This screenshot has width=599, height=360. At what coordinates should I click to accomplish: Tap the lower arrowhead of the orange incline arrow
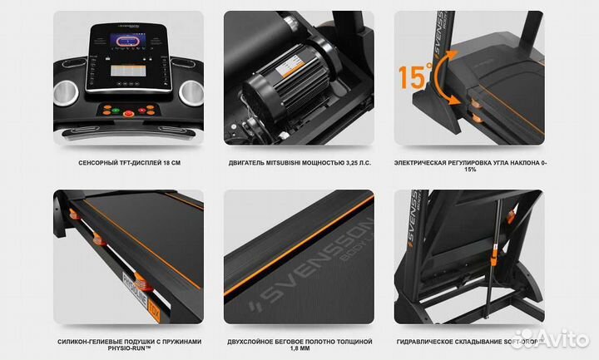pyautogui.click(x=454, y=101)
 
